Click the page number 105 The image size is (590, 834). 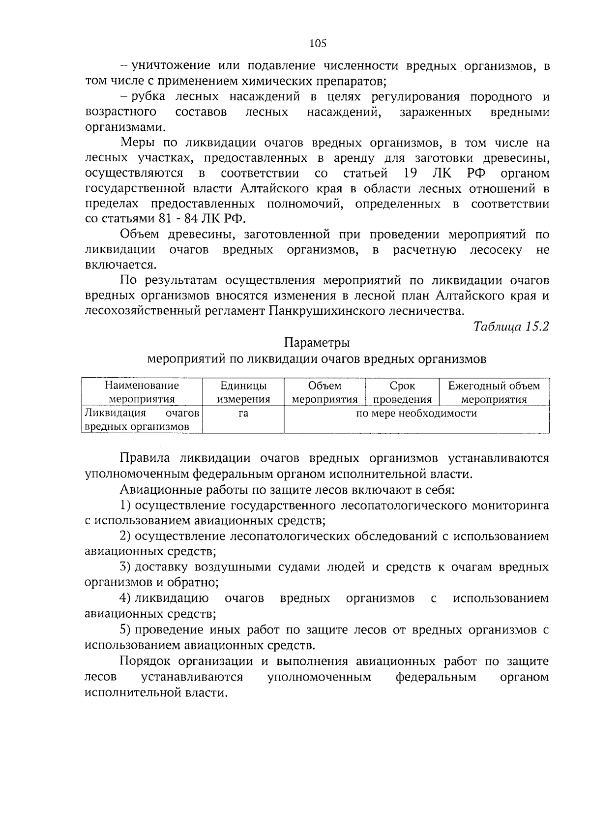318,43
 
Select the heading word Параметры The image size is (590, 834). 317,342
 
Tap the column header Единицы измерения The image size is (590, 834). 243,392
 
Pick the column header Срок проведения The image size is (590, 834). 402,392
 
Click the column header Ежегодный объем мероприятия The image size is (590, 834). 494,392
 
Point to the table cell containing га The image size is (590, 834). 243,414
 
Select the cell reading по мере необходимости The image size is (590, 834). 416,414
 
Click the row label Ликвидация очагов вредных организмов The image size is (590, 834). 142,420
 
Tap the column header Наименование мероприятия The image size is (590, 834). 142,392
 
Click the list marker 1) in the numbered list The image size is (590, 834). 125,506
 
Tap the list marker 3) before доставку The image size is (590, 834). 125,567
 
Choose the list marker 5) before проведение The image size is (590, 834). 125,630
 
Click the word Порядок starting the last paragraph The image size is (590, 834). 146,661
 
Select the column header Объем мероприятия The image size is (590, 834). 324,392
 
